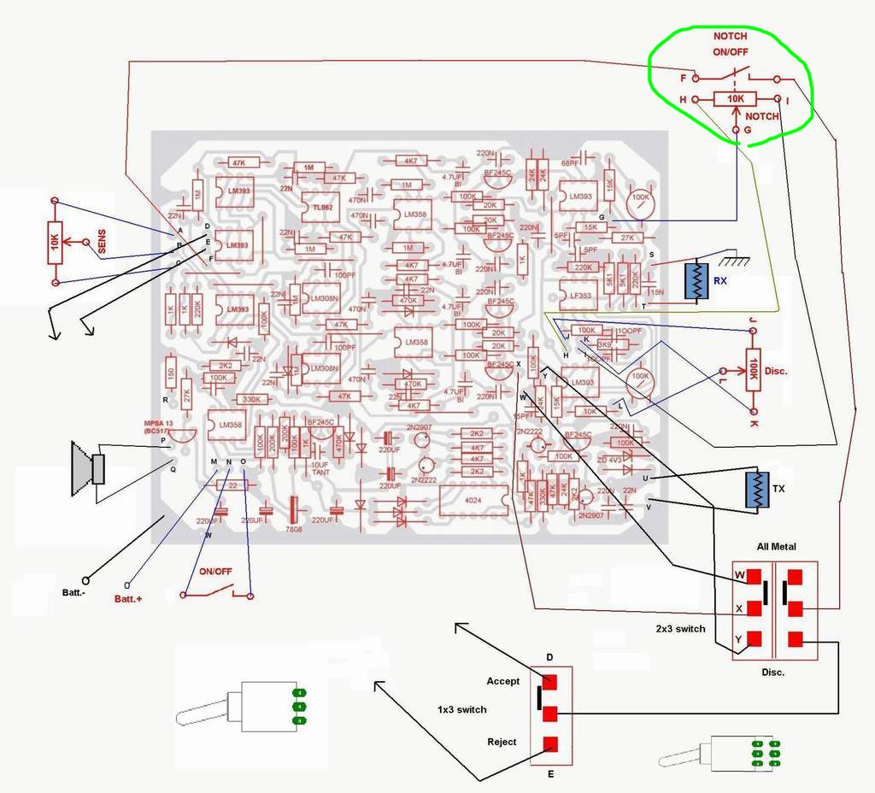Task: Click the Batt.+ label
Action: (x=127, y=599)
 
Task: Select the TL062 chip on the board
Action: (x=320, y=207)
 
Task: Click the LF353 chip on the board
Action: (x=578, y=296)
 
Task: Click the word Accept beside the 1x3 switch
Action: (x=503, y=681)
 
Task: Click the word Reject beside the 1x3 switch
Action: (x=502, y=742)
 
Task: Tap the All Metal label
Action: (x=776, y=546)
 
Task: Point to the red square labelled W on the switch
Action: (x=754, y=576)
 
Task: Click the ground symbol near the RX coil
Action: (x=730, y=257)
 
